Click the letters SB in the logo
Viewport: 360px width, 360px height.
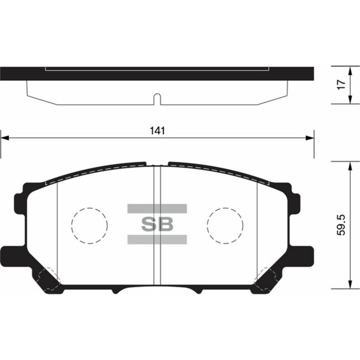click(x=157, y=224)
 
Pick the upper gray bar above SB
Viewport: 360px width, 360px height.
click(x=157, y=208)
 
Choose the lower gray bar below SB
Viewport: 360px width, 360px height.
click(x=157, y=239)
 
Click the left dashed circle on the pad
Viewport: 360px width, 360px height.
click(x=89, y=225)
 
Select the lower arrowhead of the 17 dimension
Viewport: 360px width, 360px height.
click(x=350, y=99)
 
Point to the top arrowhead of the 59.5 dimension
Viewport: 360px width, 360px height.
click(x=350, y=164)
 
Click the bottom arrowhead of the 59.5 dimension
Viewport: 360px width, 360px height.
click(x=350, y=287)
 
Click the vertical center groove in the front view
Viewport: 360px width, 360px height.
click(x=158, y=226)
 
